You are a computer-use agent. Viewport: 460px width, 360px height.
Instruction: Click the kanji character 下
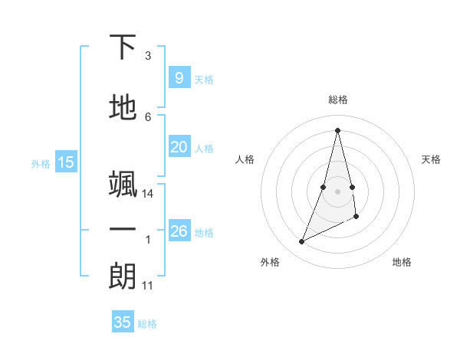click(123, 47)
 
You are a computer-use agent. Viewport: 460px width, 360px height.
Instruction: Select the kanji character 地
click(123, 107)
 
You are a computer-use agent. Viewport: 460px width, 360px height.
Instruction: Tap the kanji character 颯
click(123, 184)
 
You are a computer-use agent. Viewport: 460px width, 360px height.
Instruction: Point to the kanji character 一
click(123, 231)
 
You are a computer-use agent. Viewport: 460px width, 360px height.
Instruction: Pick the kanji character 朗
click(123, 277)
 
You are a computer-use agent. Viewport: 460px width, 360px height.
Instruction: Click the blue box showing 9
click(179, 78)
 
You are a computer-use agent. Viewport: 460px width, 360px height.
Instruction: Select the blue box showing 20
click(179, 148)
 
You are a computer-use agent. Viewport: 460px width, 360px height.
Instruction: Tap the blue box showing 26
click(179, 231)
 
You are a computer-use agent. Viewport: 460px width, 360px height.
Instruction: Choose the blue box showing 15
click(66, 162)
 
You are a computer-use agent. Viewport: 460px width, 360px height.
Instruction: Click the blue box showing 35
click(122, 322)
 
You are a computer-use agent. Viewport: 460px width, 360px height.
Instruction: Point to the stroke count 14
click(148, 194)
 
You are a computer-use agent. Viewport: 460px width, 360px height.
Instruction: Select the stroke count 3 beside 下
click(148, 56)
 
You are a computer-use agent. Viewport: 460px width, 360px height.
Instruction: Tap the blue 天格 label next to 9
click(204, 80)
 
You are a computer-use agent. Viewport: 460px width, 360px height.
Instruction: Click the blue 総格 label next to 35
click(147, 324)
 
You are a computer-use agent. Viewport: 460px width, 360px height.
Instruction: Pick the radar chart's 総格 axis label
click(338, 100)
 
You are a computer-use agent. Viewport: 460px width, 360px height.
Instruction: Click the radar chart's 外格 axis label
click(270, 262)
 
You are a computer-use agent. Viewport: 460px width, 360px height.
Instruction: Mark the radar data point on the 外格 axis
click(301, 242)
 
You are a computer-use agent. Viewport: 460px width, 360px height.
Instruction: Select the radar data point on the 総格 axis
click(338, 129)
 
